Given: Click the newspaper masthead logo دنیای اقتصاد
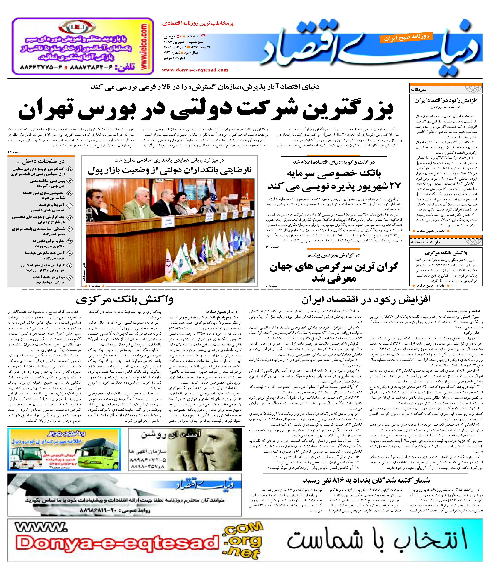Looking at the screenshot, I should click(x=369, y=53).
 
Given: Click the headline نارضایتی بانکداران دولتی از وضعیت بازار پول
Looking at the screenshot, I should click(x=169, y=170).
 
